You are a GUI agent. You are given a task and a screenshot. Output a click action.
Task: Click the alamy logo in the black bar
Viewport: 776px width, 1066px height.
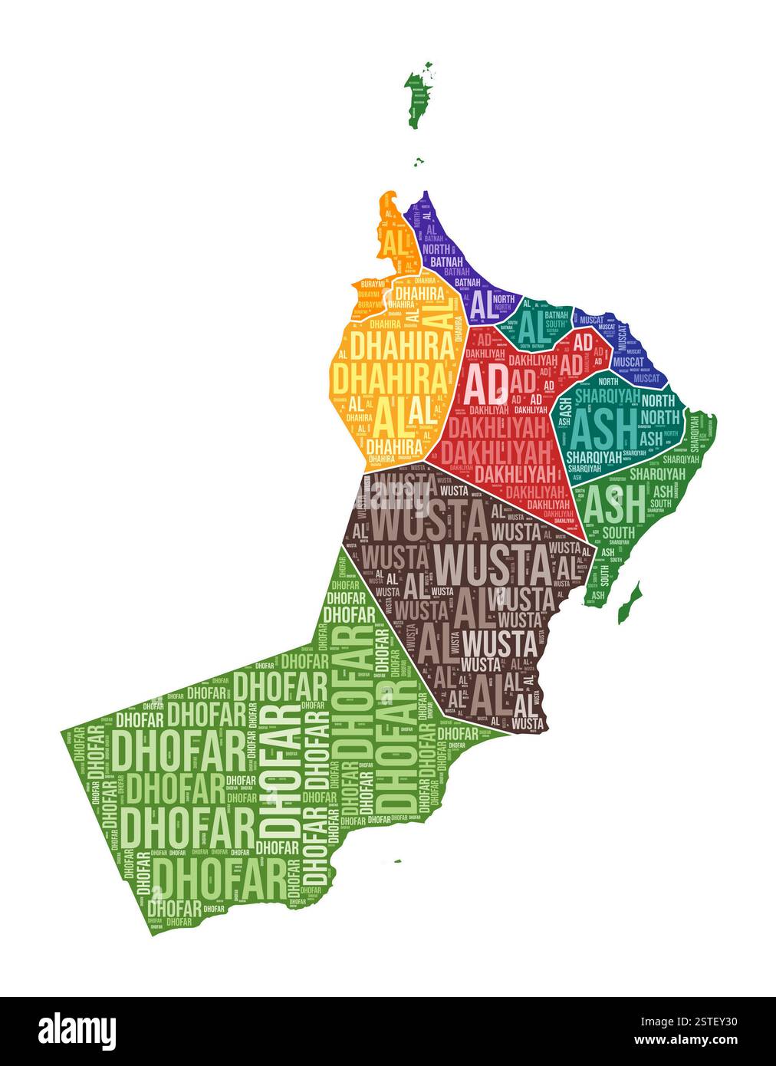(x=77, y=1030)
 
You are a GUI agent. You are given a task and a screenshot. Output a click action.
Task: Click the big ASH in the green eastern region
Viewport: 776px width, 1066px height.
(x=614, y=505)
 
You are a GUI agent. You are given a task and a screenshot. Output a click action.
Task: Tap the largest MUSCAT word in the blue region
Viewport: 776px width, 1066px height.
(x=628, y=361)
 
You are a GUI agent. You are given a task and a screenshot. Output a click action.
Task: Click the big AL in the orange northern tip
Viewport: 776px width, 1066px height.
(x=396, y=244)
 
